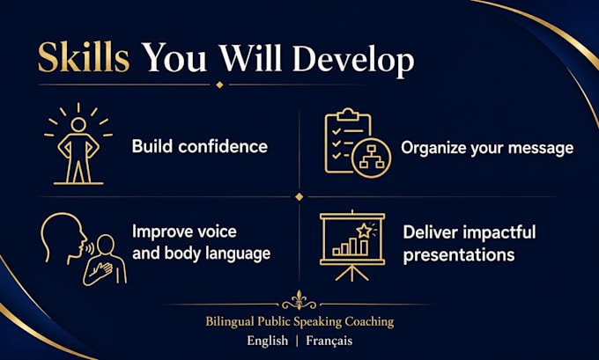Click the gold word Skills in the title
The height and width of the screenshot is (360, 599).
click(84, 57)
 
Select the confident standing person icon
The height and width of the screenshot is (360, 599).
click(78, 143)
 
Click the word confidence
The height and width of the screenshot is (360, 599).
click(223, 147)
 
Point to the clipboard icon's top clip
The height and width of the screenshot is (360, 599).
click(348, 114)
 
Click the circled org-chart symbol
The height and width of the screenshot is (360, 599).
click(371, 158)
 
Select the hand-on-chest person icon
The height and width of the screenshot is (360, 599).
click(105, 261)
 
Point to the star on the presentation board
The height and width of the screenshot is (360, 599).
click(363, 231)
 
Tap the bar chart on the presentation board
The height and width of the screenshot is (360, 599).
click(351, 247)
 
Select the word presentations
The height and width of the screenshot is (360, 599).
click(459, 255)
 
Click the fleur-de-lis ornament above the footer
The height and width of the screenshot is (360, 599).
click(299, 300)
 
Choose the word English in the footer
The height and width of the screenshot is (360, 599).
click(268, 341)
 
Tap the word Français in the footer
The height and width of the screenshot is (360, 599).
click(329, 341)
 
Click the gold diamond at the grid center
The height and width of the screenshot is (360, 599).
click(299, 196)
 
